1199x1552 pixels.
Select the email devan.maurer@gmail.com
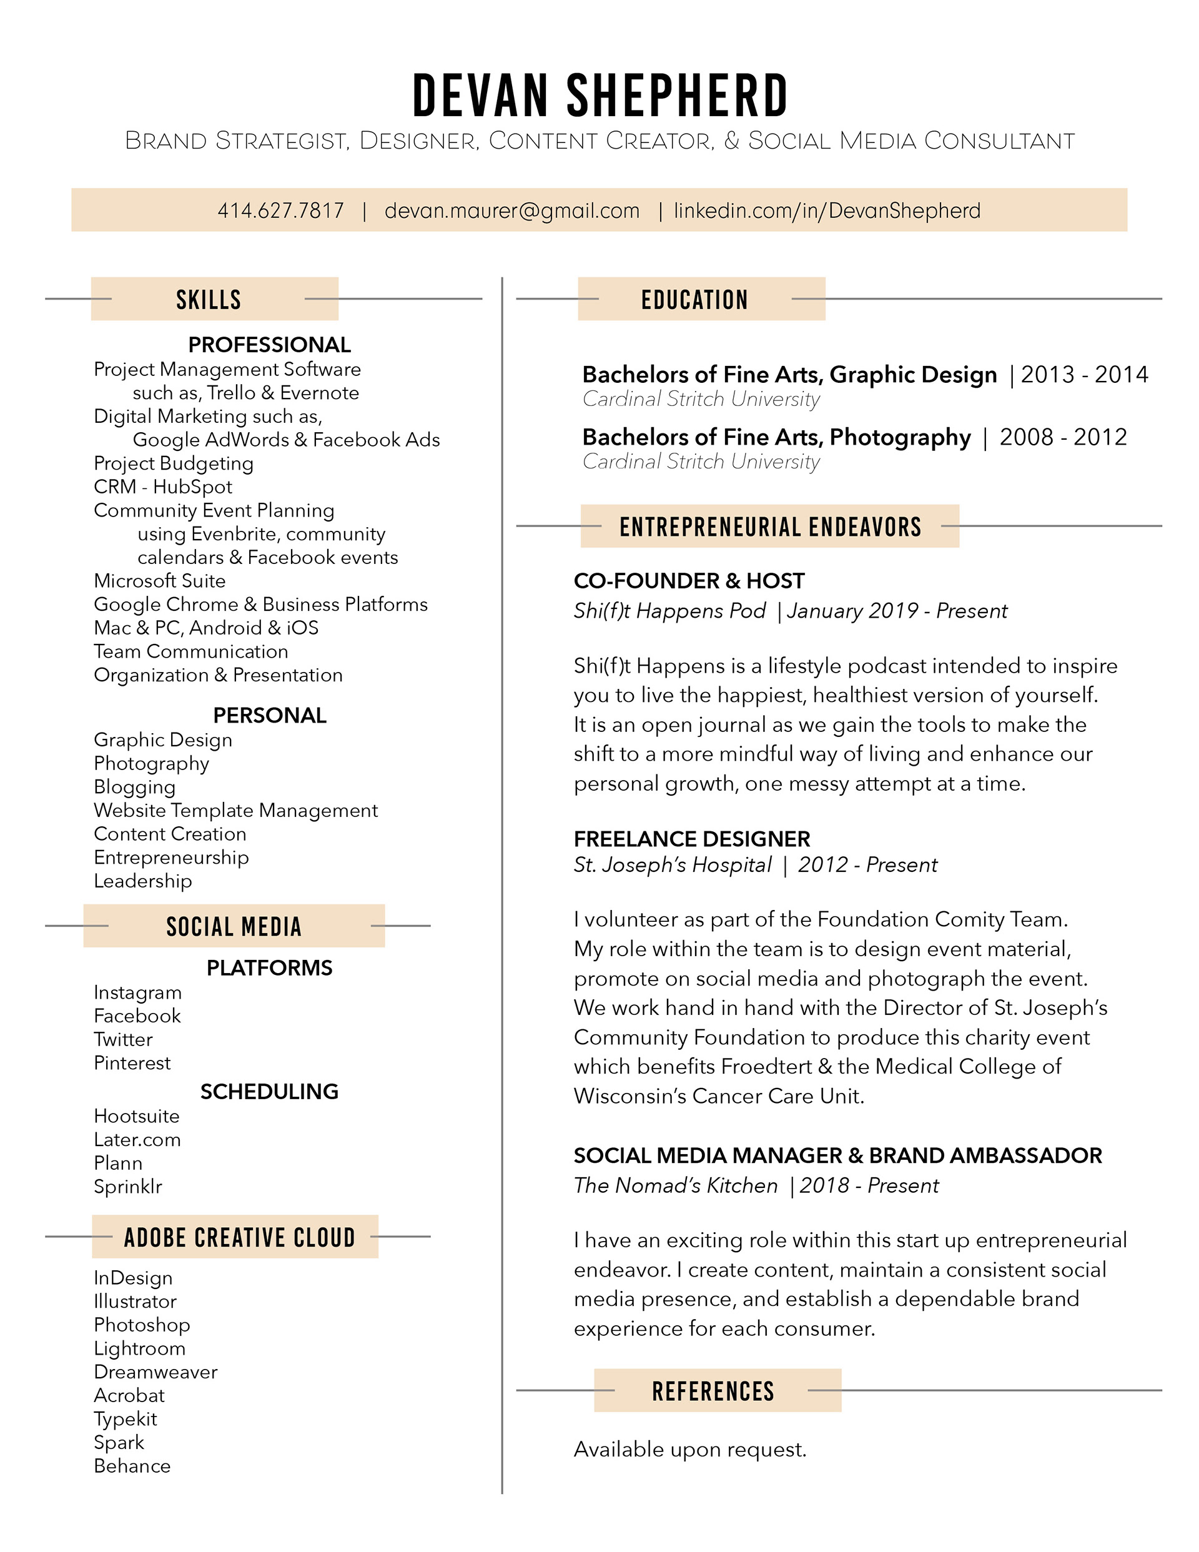[x=511, y=211]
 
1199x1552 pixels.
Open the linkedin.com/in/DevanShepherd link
[x=827, y=211]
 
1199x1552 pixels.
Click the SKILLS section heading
[x=208, y=300]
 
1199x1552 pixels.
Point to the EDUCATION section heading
[x=694, y=300]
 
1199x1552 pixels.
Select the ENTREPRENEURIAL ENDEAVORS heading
[x=770, y=527]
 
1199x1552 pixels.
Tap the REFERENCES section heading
[x=713, y=1391]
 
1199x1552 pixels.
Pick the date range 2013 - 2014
[x=1084, y=375]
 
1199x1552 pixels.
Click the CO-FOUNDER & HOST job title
[x=689, y=581]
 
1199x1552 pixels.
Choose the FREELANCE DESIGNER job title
[x=691, y=839]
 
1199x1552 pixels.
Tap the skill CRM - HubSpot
[x=163, y=487]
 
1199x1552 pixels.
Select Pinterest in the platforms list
[x=132, y=1063]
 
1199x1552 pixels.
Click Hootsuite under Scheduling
[x=137, y=1117]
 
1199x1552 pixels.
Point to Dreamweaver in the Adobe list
[x=155, y=1372]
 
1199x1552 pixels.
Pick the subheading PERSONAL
[x=269, y=716]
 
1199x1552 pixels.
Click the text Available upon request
[x=689, y=1450]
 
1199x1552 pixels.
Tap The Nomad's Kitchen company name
[x=675, y=1186]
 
